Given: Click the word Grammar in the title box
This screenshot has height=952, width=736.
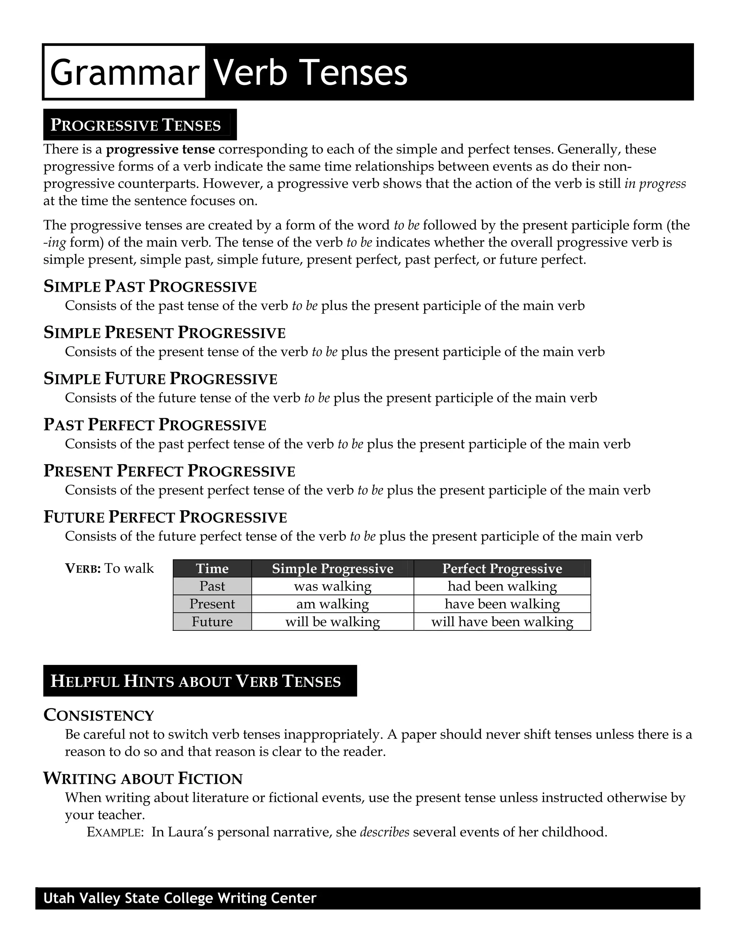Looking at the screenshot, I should [x=124, y=72].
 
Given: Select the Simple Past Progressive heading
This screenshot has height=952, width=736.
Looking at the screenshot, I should [x=150, y=286].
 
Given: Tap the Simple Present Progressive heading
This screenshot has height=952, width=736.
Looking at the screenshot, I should [x=164, y=333].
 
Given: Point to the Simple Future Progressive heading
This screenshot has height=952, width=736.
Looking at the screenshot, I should [x=160, y=379].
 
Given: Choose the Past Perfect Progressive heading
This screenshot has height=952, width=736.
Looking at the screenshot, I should [x=155, y=425].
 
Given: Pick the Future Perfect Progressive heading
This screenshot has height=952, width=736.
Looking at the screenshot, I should [x=165, y=517].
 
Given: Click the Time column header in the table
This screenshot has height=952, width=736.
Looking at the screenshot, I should [x=212, y=568].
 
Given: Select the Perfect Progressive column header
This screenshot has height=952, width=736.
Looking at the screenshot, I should [x=502, y=568].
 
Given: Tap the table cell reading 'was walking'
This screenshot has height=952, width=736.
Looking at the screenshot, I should [x=333, y=586].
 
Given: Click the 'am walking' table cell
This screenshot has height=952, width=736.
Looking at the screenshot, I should [x=333, y=604].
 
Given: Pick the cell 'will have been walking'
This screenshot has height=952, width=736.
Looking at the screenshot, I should [x=502, y=621].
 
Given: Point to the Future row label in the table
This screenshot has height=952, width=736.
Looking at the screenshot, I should [x=212, y=621].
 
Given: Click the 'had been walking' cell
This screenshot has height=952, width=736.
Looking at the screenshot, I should [x=502, y=586].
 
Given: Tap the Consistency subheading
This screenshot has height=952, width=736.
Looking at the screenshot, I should [x=99, y=715].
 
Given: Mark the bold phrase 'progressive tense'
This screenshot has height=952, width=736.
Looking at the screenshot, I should [x=160, y=149].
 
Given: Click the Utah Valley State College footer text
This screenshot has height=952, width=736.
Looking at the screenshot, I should [x=180, y=898].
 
